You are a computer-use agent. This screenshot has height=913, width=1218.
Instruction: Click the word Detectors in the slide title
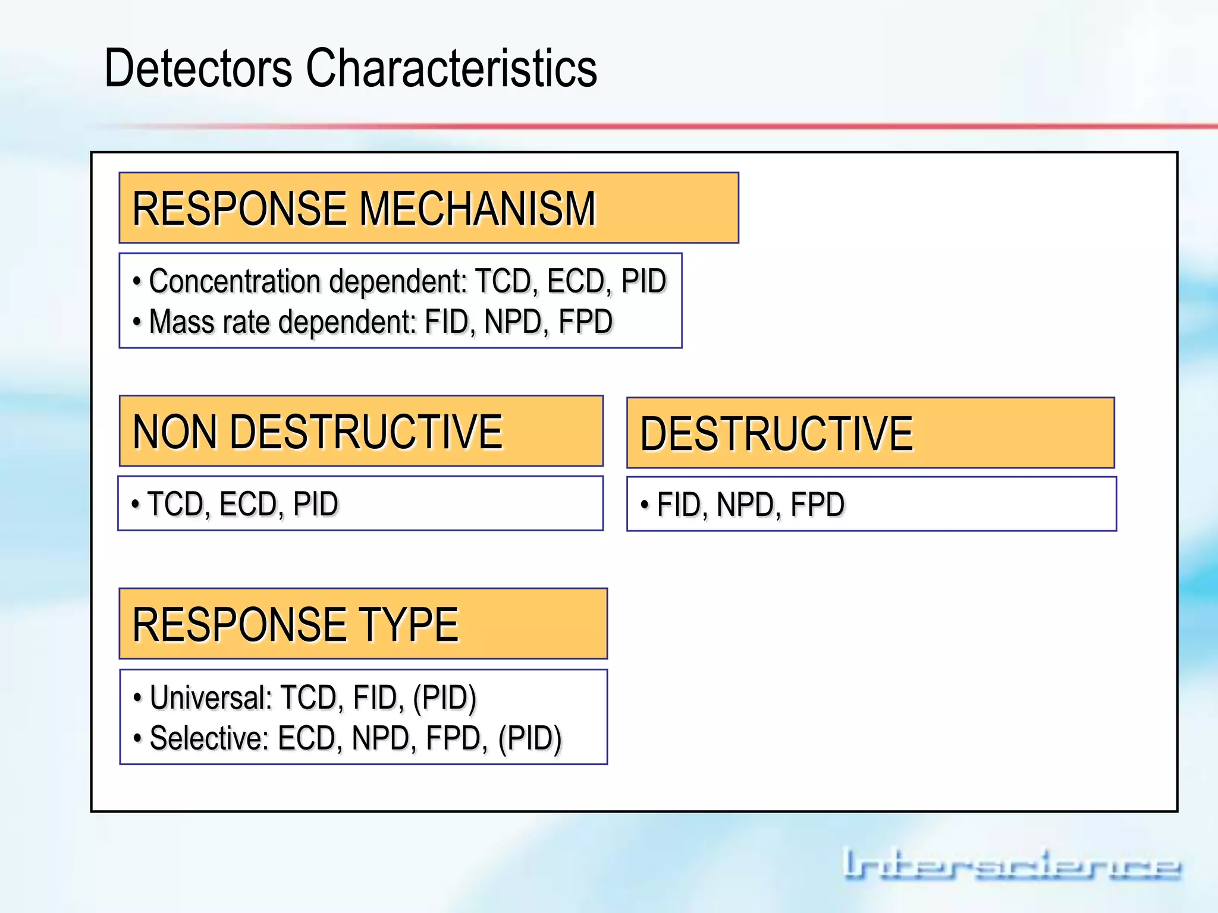(x=198, y=68)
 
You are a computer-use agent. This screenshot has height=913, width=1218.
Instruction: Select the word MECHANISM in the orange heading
(x=477, y=209)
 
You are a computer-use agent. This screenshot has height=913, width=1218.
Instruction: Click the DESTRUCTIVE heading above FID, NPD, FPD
(x=776, y=434)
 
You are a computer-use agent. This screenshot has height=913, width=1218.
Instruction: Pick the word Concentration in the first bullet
(x=234, y=281)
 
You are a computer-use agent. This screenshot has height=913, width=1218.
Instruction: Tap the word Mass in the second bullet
(x=181, y=322)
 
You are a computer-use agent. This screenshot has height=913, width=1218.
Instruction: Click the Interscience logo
(x=1011, y=865)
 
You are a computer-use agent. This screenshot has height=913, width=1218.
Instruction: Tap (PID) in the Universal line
(x=444, y=698)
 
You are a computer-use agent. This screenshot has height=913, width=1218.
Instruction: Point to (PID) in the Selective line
(x=529, y=739)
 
